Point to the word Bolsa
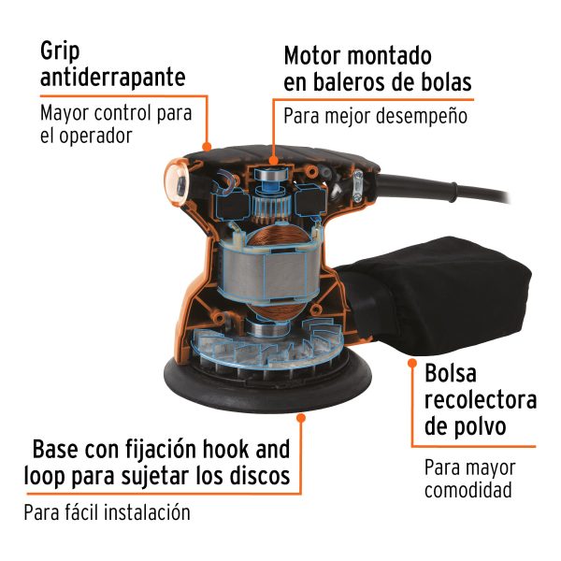pyautogui.click(x=451, y=374)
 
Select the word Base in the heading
pyautogui.click(x=65, y=450)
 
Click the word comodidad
pyautogui.click(x=467, y=490)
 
